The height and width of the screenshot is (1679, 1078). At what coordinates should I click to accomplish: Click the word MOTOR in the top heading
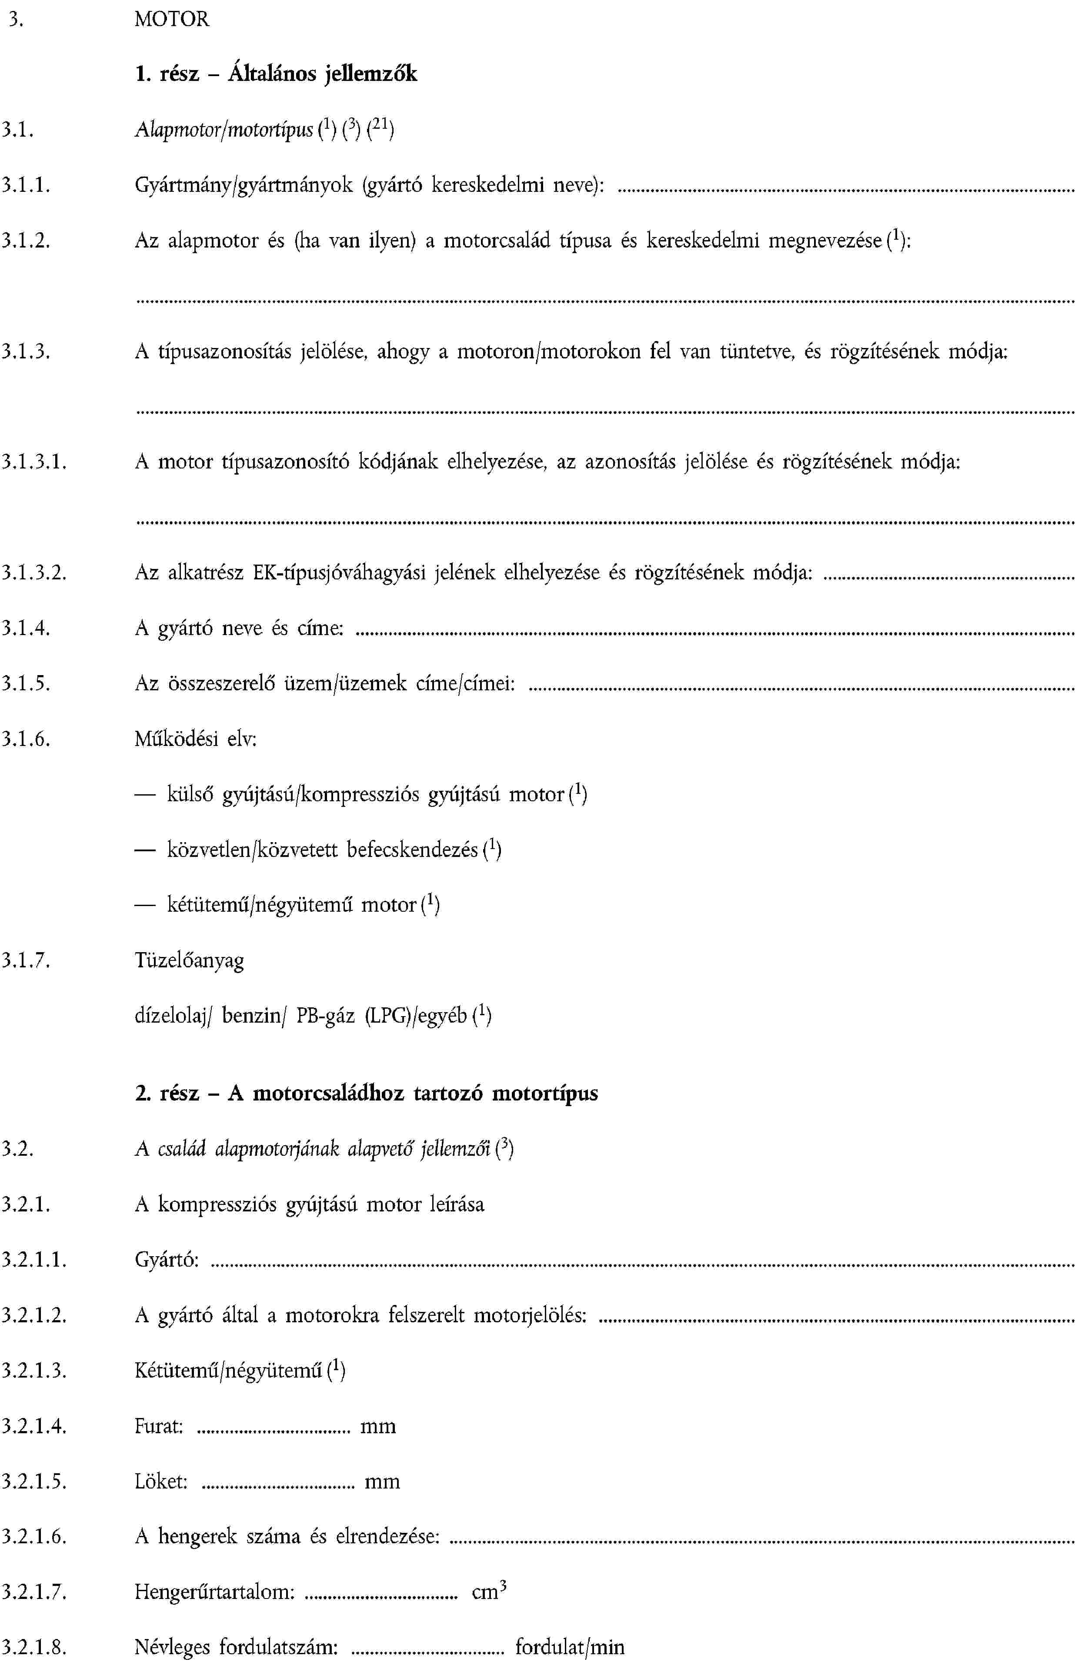(171, 19)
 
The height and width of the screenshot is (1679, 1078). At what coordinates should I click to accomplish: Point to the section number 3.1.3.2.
(33, 573)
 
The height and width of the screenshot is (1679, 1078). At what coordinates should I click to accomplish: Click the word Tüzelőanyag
(190, 960)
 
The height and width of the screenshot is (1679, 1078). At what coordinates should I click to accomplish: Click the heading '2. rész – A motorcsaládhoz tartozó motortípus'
(366, 1093)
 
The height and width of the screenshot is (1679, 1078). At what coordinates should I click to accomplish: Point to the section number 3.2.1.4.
(33, 1426)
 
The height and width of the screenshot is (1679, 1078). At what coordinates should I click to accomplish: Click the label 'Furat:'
(159, 1426)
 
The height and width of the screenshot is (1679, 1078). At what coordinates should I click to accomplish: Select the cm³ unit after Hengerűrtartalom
(489, 1592)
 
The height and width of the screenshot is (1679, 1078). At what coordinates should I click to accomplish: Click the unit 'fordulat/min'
(570, 1647)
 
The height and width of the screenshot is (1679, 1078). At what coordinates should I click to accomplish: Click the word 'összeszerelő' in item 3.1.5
(222, 683)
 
